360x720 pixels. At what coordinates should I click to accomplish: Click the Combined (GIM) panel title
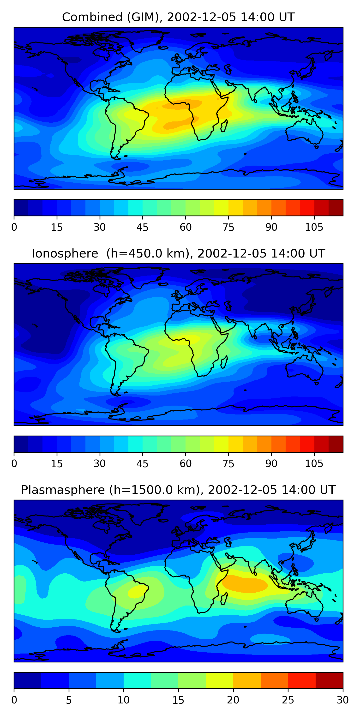click(x=178, y=17)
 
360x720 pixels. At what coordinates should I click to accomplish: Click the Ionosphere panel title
click(x=178, y=253)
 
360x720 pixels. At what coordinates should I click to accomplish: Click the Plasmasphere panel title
click(x=178, y=490)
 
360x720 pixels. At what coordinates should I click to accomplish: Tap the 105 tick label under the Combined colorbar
click(x=314, y=227)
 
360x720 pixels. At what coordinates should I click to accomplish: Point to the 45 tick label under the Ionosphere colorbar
click(x=143, y=464)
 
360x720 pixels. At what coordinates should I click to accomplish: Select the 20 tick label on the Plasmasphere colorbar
click(x=233, y=700)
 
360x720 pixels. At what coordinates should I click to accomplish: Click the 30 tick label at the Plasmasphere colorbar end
click(x=343, y=700)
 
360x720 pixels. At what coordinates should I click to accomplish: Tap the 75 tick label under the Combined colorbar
click(x=228, y=227)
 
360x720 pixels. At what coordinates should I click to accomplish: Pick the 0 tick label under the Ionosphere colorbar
click(x=14, y=464)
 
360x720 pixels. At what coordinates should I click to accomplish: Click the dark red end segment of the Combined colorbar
click(x=336, y=208)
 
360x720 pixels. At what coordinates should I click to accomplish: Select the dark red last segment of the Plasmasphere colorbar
click(x=329, y=680)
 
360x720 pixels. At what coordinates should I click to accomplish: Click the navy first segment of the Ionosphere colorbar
click(x=21, y=444)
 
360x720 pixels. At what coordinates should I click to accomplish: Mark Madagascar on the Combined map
click(x=224, y=126)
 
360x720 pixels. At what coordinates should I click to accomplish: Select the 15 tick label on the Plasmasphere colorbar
click(x=178, y=700)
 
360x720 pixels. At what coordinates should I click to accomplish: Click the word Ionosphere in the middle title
click(x=65, y=253)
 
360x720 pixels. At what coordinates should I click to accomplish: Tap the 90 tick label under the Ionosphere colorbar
click(x=271, y=464)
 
